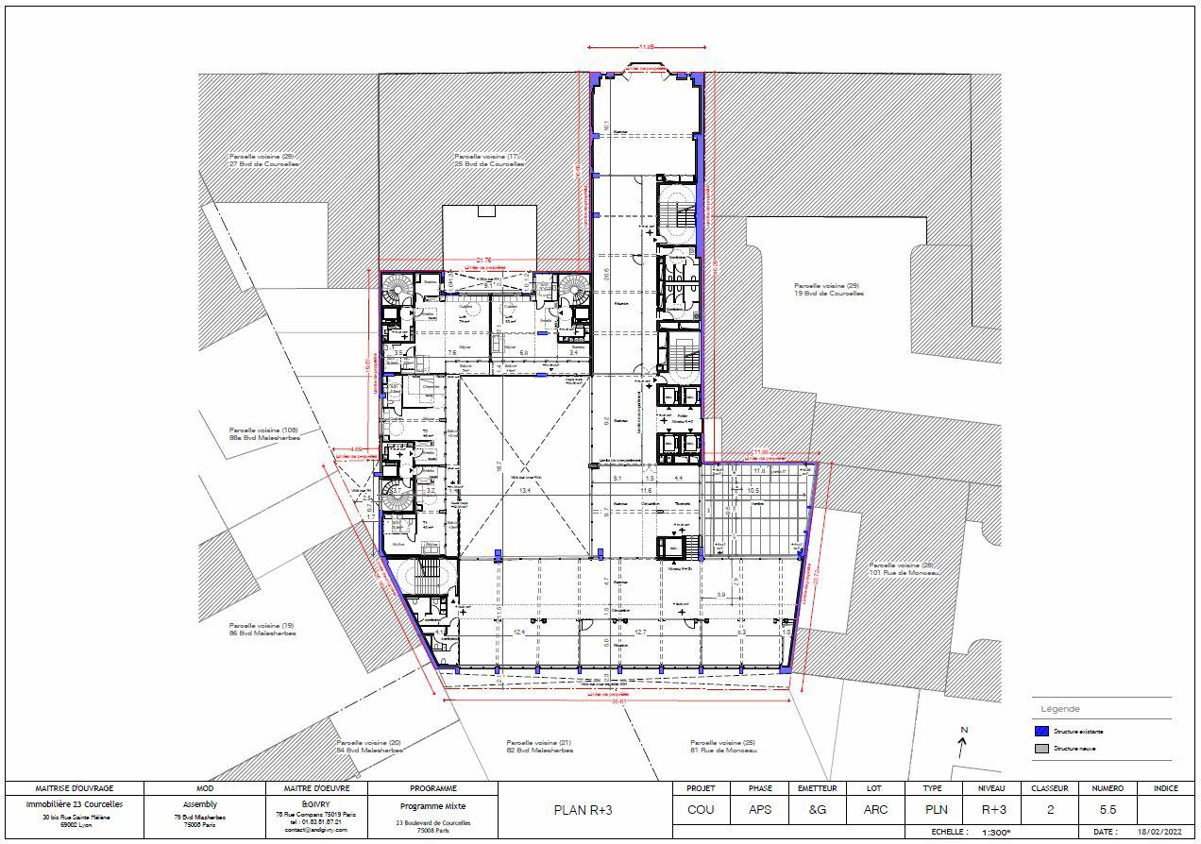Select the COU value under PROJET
pyautogui.click(x=700, y=809)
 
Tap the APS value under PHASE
pyautogui.click(x=759, y=809)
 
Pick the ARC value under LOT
pyautogui.click(x=874, y=809)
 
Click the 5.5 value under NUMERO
pyautogui.click(x=1108, y=809)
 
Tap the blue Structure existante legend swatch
pyautogui.click(x=1042, y=732)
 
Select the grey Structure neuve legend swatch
pyautogui.click(x=1042, y=749)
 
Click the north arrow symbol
pyautogui.click(x=963, y=746)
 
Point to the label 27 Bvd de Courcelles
pyautogui.click(x=262, y=163)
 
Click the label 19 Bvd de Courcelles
pyautogui.click(x=828, y=293)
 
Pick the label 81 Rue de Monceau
pyautogui.click(x=722, y=751)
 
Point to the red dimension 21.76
pyautogui.click(x=484, y=260)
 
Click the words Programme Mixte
pyautogui.click(x=433, y=806)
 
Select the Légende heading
pyautogui.click(x=1060, y=709)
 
